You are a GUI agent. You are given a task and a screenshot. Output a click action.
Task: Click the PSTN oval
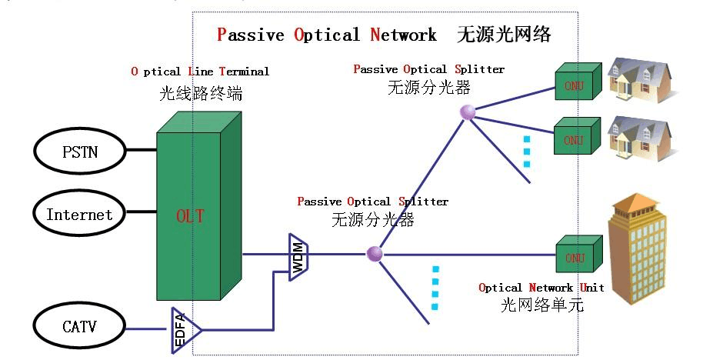[x=80, y=151]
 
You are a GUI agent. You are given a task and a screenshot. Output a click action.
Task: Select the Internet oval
[x=80, y=215]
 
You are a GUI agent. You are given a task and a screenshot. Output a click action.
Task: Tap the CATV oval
[x=80, y=327]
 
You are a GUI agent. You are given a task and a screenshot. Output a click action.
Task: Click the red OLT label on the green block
[x=189, y=216]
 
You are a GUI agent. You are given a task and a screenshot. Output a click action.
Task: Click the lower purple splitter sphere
[x=375, y=254]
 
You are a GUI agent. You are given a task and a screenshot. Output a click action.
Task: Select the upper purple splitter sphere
[x=468, y=112]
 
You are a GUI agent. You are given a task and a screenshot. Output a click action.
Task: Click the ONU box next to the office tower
[x=575, y=258]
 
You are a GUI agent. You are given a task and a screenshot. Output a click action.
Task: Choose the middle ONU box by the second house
[x=575, y=139]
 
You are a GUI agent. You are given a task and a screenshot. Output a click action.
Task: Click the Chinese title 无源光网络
[x=504, y=35]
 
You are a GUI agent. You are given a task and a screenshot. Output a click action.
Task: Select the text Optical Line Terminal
[x=200, y=72]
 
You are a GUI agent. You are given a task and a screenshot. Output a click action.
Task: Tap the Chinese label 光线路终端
[x=200, y=93]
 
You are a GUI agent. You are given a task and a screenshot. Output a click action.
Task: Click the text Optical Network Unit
[x=541, y=288]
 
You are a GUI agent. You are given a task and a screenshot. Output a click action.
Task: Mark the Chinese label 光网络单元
[x=542, y=305]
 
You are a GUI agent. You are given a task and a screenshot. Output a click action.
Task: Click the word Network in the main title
[x=404, y=35]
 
